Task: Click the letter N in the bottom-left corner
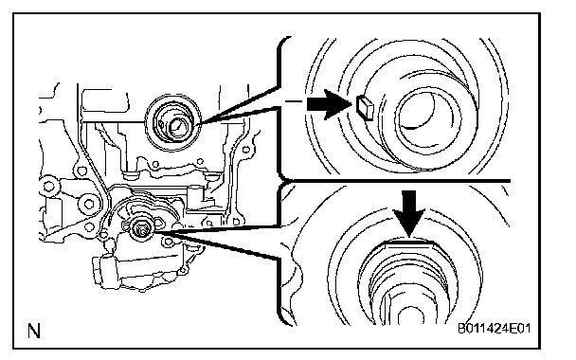34,331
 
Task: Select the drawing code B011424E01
495,328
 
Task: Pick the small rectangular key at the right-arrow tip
365,108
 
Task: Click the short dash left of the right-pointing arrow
294,101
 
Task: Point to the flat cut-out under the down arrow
409,243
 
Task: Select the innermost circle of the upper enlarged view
428,117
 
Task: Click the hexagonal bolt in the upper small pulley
177,127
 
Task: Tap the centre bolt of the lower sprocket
141,229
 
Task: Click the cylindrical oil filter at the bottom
106,272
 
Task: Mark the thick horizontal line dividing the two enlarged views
397,181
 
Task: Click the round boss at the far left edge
49,186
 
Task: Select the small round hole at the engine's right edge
246,150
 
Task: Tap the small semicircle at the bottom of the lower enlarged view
408,315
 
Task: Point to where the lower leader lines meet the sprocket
156,232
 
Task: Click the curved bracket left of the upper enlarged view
281,106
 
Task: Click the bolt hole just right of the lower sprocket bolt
168,242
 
